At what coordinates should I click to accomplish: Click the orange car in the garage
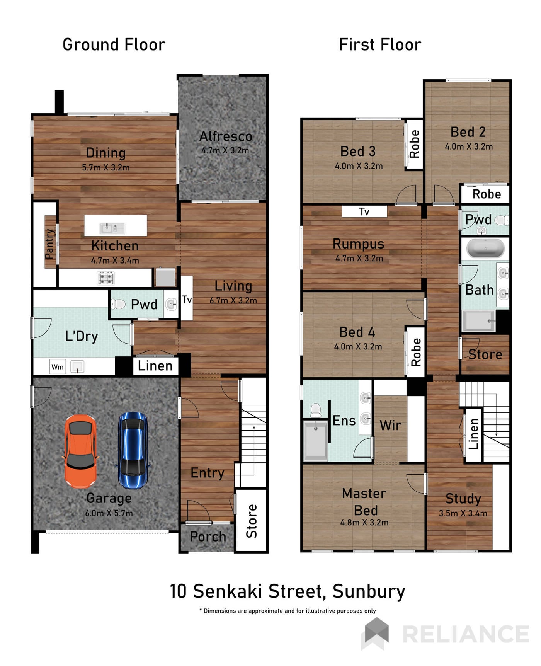click(80, 451)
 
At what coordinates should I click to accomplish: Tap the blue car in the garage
click(133, 450)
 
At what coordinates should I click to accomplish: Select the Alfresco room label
click(226, 136)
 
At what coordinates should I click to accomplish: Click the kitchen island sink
click(112, 228)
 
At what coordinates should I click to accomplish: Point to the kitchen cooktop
click(106, 278)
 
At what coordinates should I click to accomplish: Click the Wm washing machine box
click(58, 367)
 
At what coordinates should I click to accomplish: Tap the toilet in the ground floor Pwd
click(118, 305)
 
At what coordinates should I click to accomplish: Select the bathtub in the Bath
click(485, 249)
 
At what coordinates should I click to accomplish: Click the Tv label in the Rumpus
click(364, 212)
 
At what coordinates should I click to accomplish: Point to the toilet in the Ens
click(316, 411)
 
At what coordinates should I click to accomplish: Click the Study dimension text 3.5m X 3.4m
click(463, 513)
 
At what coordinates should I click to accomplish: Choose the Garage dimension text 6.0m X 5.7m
click(109, 513)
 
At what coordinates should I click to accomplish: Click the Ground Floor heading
click(114, 45)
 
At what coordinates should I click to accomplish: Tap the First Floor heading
click(380, 45)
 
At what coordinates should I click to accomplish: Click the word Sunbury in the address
click(369, 592)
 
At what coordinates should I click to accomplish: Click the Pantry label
click(49, 244)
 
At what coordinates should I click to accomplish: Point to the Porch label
click(208, 537)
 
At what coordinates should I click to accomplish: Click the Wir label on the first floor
click(390, 426)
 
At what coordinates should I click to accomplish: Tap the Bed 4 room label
click(357, 332)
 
